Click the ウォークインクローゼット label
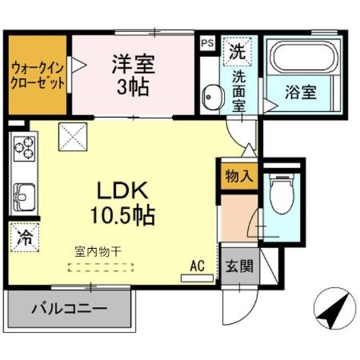38,74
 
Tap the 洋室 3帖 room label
133,74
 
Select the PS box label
207,43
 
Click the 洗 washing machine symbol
237,52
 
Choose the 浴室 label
302,92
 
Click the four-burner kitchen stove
24,149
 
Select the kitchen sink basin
22,195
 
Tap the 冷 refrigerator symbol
25,237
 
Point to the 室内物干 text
92,251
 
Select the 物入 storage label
239,174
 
